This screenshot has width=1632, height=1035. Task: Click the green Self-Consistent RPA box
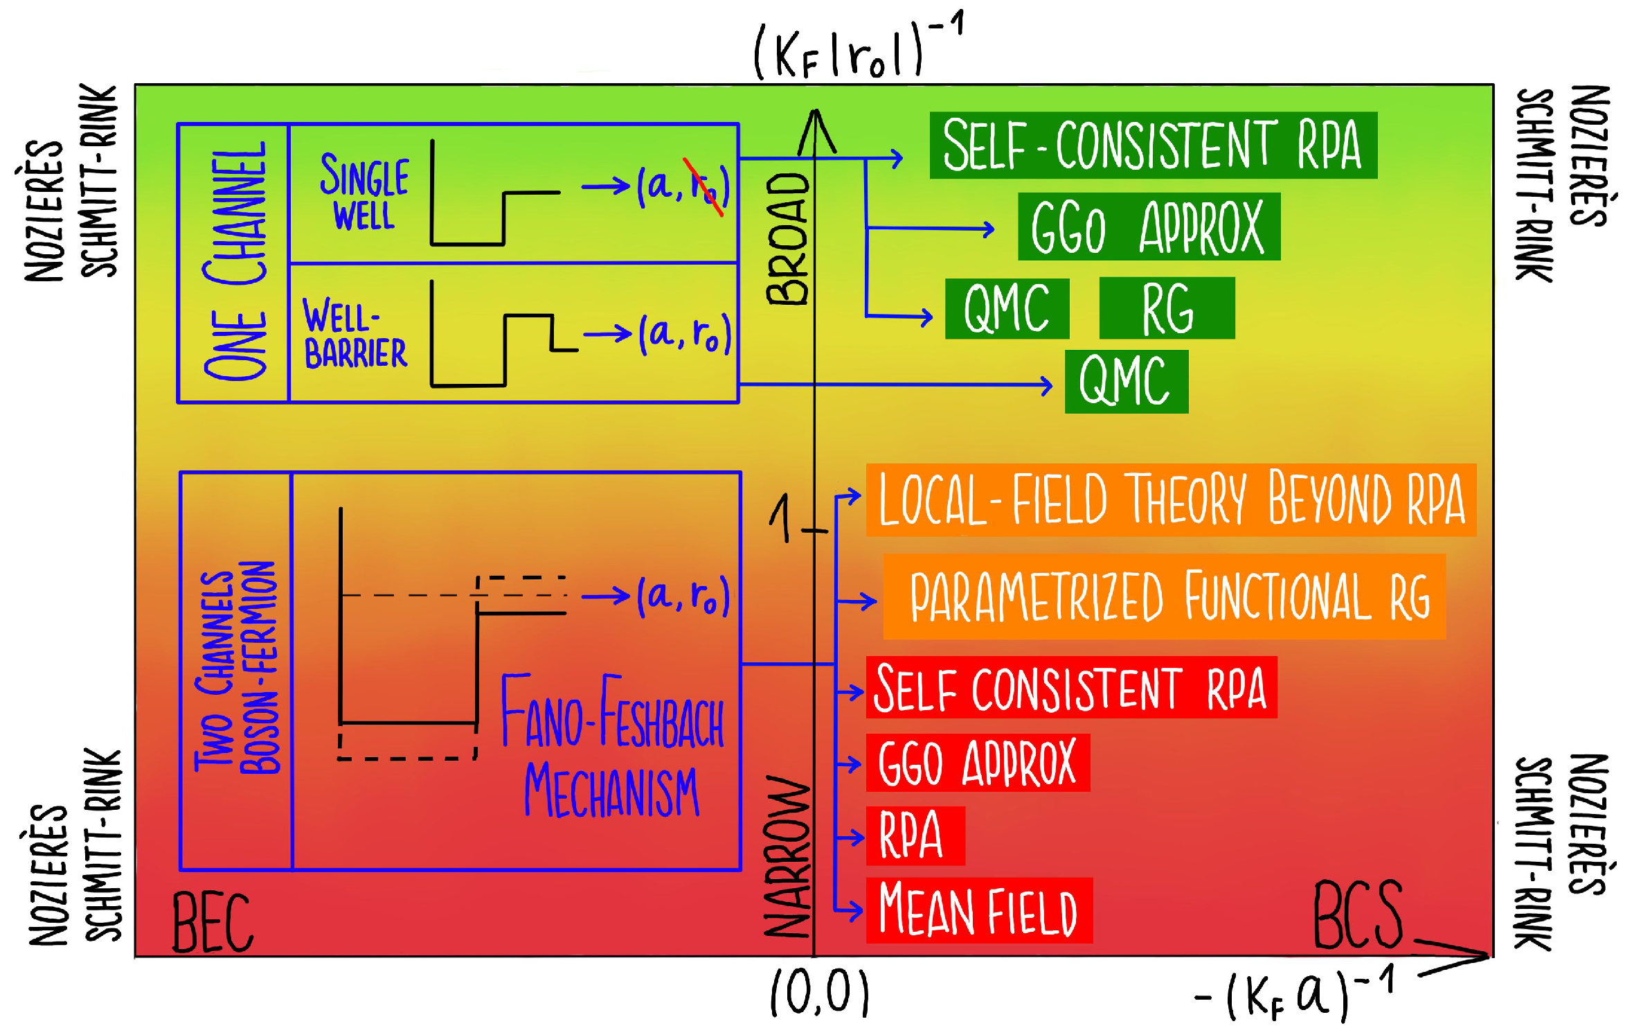[x=1152, y=145]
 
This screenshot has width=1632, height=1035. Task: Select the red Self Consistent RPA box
[x=1070, y=688]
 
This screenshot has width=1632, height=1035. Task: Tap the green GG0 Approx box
[x=1148, y=227]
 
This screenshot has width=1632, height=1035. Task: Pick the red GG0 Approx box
[x=977, y=763]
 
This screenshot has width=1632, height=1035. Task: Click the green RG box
[x=1166, y=308]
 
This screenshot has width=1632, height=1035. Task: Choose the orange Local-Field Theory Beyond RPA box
[x=1170, y=499]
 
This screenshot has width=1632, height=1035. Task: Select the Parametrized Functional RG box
[x=1164, y=596]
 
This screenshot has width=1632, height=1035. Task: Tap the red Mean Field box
[x=978, y=910]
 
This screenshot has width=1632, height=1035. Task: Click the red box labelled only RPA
[x=915, y=835]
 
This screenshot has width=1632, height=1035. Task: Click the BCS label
[x=1358, y=916]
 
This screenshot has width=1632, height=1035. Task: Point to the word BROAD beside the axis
[x=788, y=239]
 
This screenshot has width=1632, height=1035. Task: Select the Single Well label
[x=364, y=192]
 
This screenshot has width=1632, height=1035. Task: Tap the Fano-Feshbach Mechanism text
[x=612, y=746]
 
